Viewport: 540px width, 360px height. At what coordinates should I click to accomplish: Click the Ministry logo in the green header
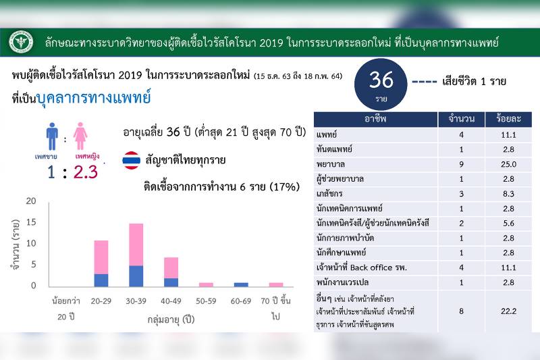(x=22, y=43)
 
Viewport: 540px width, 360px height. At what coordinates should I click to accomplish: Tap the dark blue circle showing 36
(x=381, y=84)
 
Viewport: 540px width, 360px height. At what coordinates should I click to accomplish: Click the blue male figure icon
(x=52, y=136)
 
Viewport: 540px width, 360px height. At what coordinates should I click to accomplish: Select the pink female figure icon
(x=80, y=136)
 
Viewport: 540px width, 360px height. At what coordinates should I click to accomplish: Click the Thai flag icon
(x=131, y=160)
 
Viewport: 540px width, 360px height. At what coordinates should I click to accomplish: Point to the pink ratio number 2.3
(x=86, y=172)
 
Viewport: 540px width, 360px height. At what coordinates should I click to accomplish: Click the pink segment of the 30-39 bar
(x=136, y=245)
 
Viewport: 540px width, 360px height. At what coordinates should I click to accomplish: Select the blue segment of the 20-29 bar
(x=101, y=280)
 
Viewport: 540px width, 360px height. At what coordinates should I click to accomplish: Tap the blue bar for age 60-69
(x=241, y=284)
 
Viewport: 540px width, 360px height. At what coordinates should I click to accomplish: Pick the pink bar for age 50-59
(x=206, y=284)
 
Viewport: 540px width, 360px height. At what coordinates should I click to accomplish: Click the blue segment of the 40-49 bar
(x=171, y=282)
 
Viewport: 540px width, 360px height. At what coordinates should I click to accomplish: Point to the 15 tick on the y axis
(x=31, y=222)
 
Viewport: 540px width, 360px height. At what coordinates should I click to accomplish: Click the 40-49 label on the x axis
(x=171, y=301)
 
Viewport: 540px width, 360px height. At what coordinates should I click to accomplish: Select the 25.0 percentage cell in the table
(x=508, y=164)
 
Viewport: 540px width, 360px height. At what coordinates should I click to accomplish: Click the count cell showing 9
(x=461, y=164)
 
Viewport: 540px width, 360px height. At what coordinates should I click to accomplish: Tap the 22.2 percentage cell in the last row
(x=508, y=311)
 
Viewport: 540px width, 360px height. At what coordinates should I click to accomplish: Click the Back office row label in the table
(x=362, y=267)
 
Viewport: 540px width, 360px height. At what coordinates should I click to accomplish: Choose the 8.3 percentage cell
(x=508, y=194)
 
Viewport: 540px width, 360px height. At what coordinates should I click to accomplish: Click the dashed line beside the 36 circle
(x=425, y=82)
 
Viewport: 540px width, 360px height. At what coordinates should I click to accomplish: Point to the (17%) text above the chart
(x=284, y=186)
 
